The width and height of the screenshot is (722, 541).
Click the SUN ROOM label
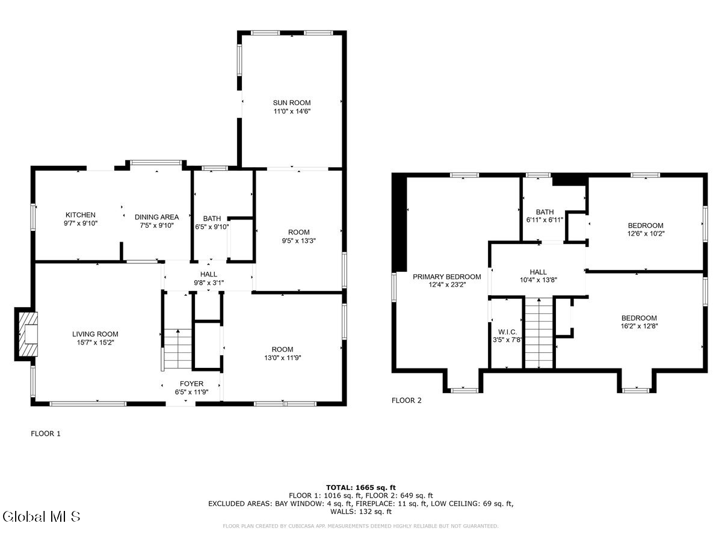point(292,103)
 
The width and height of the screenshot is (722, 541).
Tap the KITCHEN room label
point(81,215)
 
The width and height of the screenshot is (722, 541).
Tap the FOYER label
point(192,384)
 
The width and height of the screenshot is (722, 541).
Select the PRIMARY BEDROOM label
point(446,277)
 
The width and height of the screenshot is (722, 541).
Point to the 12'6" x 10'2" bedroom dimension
point(646,234)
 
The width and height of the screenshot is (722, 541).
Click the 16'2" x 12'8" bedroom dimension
point(639,326)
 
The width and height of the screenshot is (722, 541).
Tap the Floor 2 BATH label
point(545,212)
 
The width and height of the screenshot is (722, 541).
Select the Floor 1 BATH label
point(212,218)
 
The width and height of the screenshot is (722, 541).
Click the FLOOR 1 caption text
point(46,433)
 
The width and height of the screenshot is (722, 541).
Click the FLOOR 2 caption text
point(407,400)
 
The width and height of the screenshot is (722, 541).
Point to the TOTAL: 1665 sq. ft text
point(361,487)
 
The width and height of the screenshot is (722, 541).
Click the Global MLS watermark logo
point(42,516)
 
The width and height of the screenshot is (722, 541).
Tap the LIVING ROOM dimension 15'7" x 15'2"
point(95,343)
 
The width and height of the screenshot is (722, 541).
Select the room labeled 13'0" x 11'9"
point(282,353)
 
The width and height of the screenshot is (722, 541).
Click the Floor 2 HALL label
point(538,272)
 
